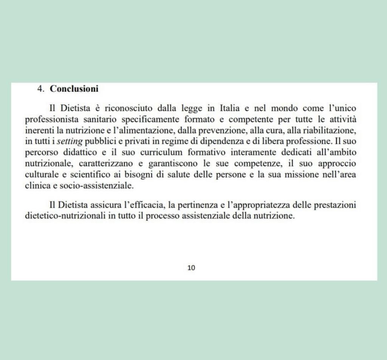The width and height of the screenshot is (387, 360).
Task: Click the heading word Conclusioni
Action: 74,89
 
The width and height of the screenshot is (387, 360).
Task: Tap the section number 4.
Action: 41,89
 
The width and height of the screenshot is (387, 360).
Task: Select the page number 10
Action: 191,268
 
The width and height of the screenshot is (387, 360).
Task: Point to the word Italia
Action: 229,108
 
